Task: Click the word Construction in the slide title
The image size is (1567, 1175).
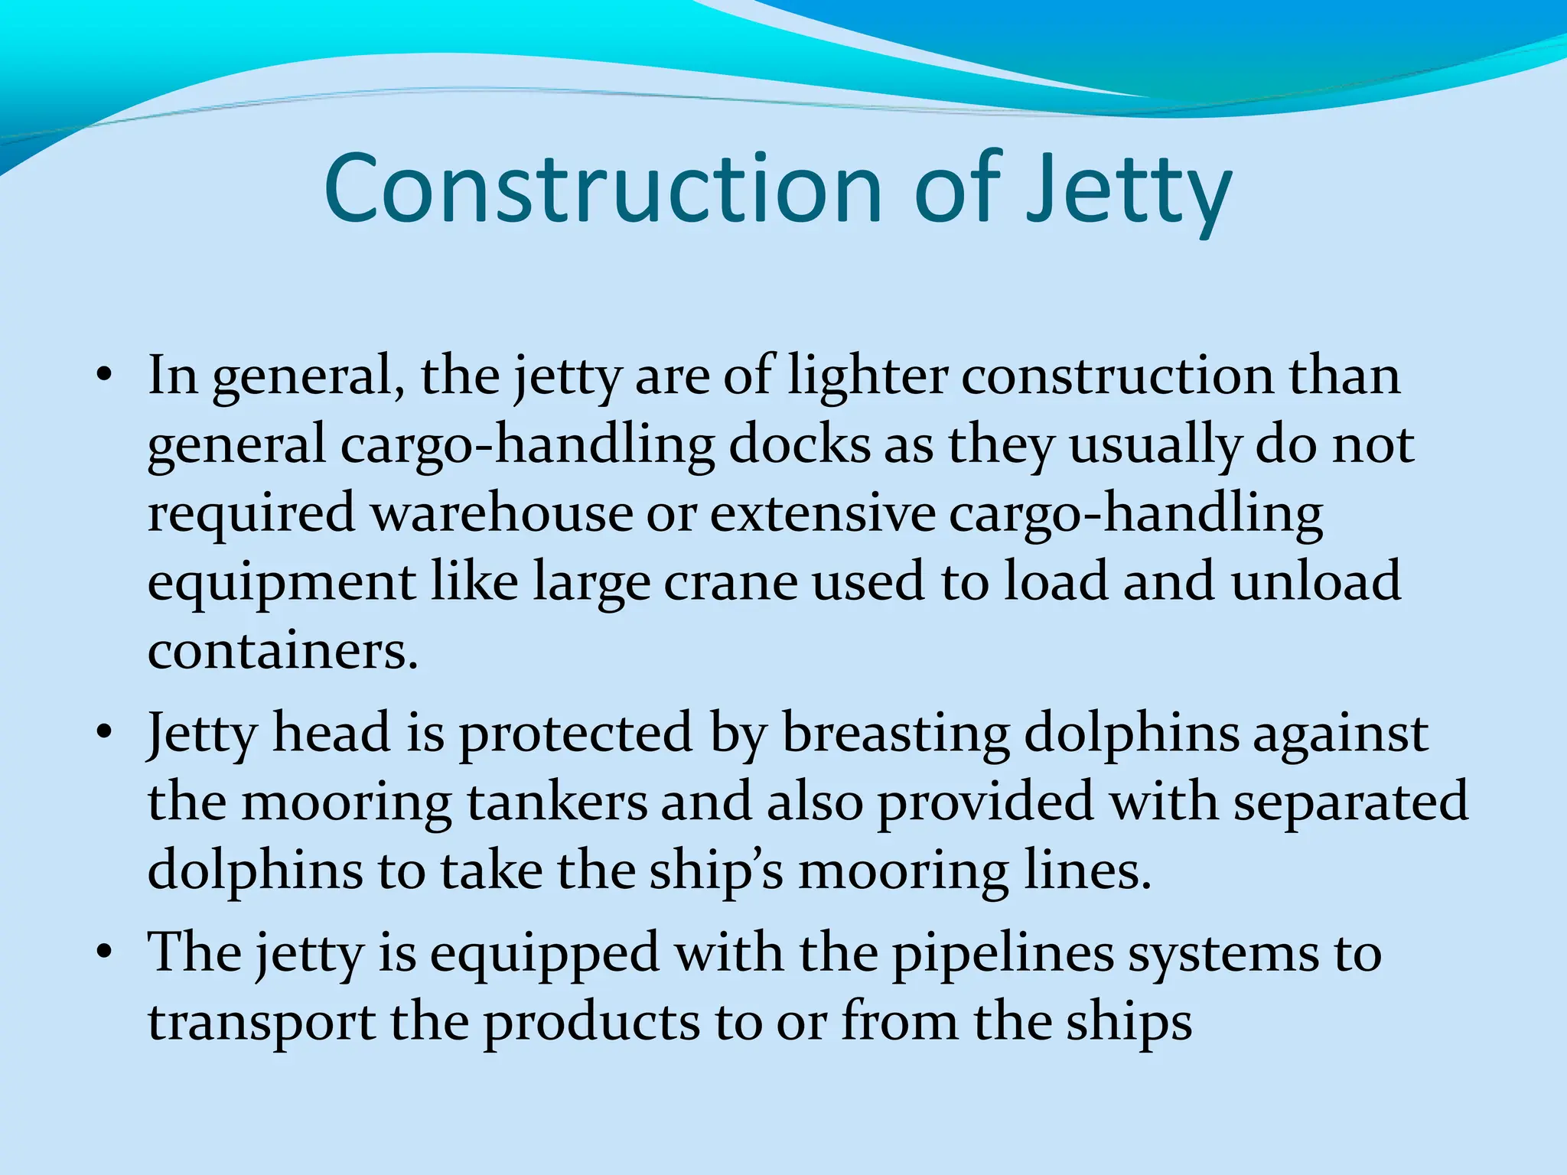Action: (x=603, y=189)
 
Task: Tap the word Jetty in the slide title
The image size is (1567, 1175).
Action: (x=1129, y=191)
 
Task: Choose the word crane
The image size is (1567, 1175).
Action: (x=731, y=581)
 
